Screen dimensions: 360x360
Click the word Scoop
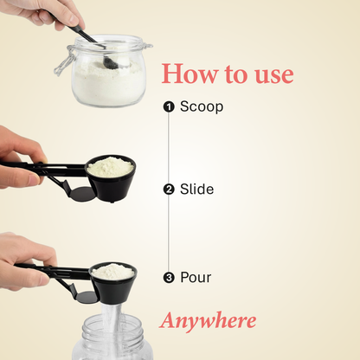(202, 106)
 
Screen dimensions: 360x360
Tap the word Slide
(196, 189)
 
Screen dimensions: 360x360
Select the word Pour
(196, 278)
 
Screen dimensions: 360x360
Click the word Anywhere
(209, 321)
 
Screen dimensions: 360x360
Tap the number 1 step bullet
(169, 106)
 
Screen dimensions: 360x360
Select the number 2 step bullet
(169, 189)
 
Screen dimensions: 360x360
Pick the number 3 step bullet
(169, 278)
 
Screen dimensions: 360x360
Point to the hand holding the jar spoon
(43, 12)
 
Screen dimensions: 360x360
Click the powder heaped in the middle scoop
(111, 164)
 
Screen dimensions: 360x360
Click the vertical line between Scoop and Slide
(169, 147)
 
